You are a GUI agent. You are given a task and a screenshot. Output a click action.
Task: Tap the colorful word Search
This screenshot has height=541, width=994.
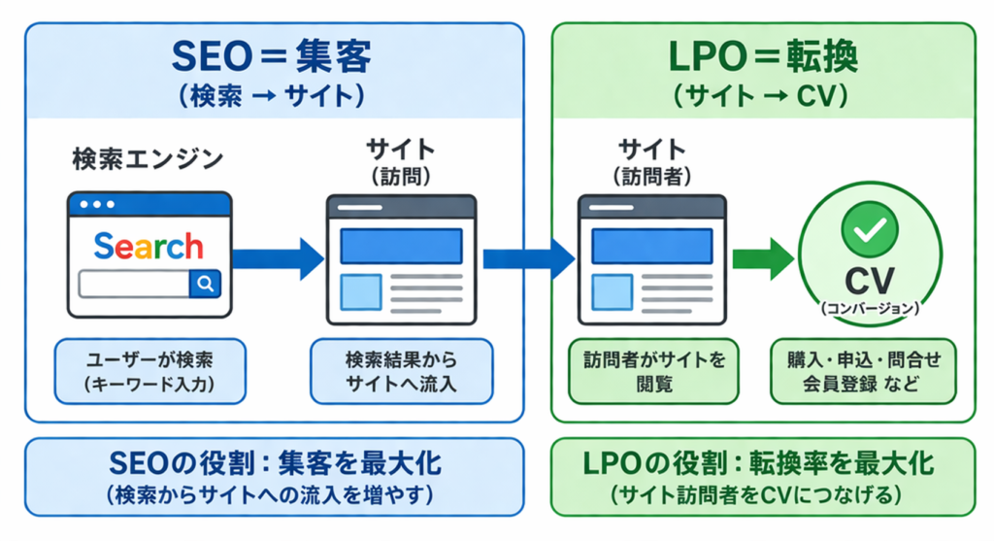click(x=149, y=246)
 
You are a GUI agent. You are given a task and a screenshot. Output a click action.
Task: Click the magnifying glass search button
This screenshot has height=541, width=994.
click(x=206, y=284)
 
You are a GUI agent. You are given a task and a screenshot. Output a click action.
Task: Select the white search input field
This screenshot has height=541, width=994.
click(x=134, y=284)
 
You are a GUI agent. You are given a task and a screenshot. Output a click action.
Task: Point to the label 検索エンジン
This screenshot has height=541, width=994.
click(x=148, y=158)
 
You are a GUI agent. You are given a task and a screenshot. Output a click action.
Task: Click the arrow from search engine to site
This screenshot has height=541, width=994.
click(x=278, y=257)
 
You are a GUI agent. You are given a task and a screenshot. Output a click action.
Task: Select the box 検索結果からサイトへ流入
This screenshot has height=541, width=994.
click(x=401, y=372)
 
